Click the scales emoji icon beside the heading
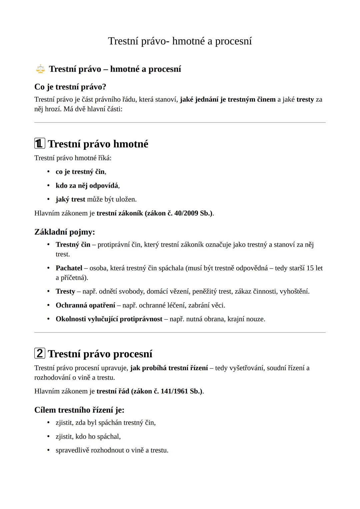pyautogui.click(x=40, y=69)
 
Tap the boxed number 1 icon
pyautogui.click(x=40, y=144)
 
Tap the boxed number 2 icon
pyautogui.click(x=40, y=353)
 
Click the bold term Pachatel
pyautogui.click(x=69, y=268)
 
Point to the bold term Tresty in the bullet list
pyautogui.click(x=65, y=291)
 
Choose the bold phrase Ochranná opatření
pyautogui.click(x=85, y=305)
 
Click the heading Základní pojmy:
pyautogui.click(x=65, y=232)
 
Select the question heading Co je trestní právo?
pyautogui.click(x=70, y=87)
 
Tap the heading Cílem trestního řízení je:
pyautogui.click(x=79, y=410)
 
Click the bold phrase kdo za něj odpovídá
pyautogui.click(x=87, y=186)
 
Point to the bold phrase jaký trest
pyautogui.click(x=70, y=199)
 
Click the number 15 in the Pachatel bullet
pyautogui.click(x=310, y=268)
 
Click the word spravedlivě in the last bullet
pyautogui.click(x=72, y=450)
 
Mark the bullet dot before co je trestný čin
pyautogui.click(x=48, y=172)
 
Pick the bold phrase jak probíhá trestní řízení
pyautogui.click(x=169, y=368)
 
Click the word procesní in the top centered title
pyautogui.click(x=233, y=41)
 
